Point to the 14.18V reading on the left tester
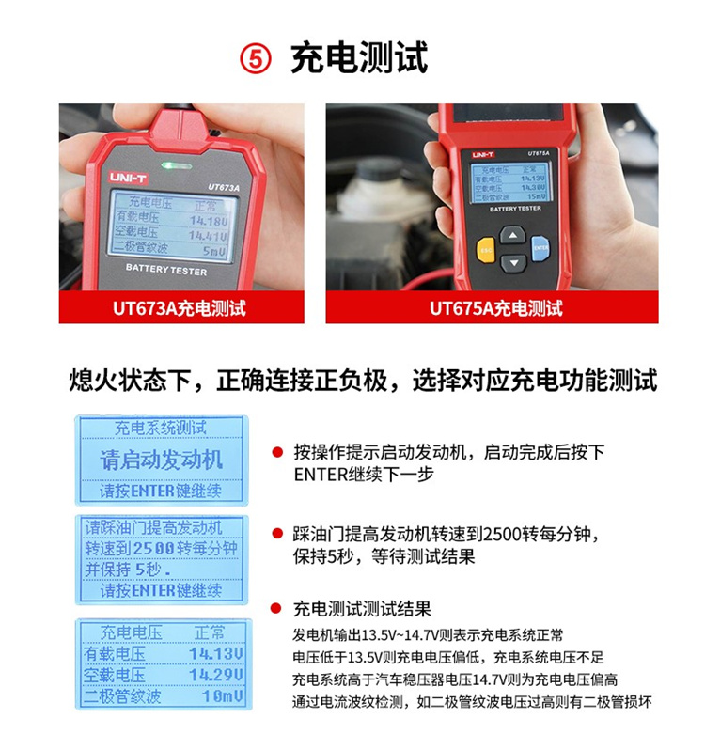pos(208,221)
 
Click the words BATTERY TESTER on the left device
pos(165,271)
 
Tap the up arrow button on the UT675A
pos(511,234)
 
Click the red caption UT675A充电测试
pos(495,308)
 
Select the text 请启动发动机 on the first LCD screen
pos(162,460)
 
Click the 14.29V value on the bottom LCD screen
pos(215,675)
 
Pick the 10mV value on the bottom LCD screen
pos(222,696)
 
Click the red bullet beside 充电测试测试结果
pos(277,608)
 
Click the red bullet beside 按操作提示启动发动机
pos(277,452)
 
